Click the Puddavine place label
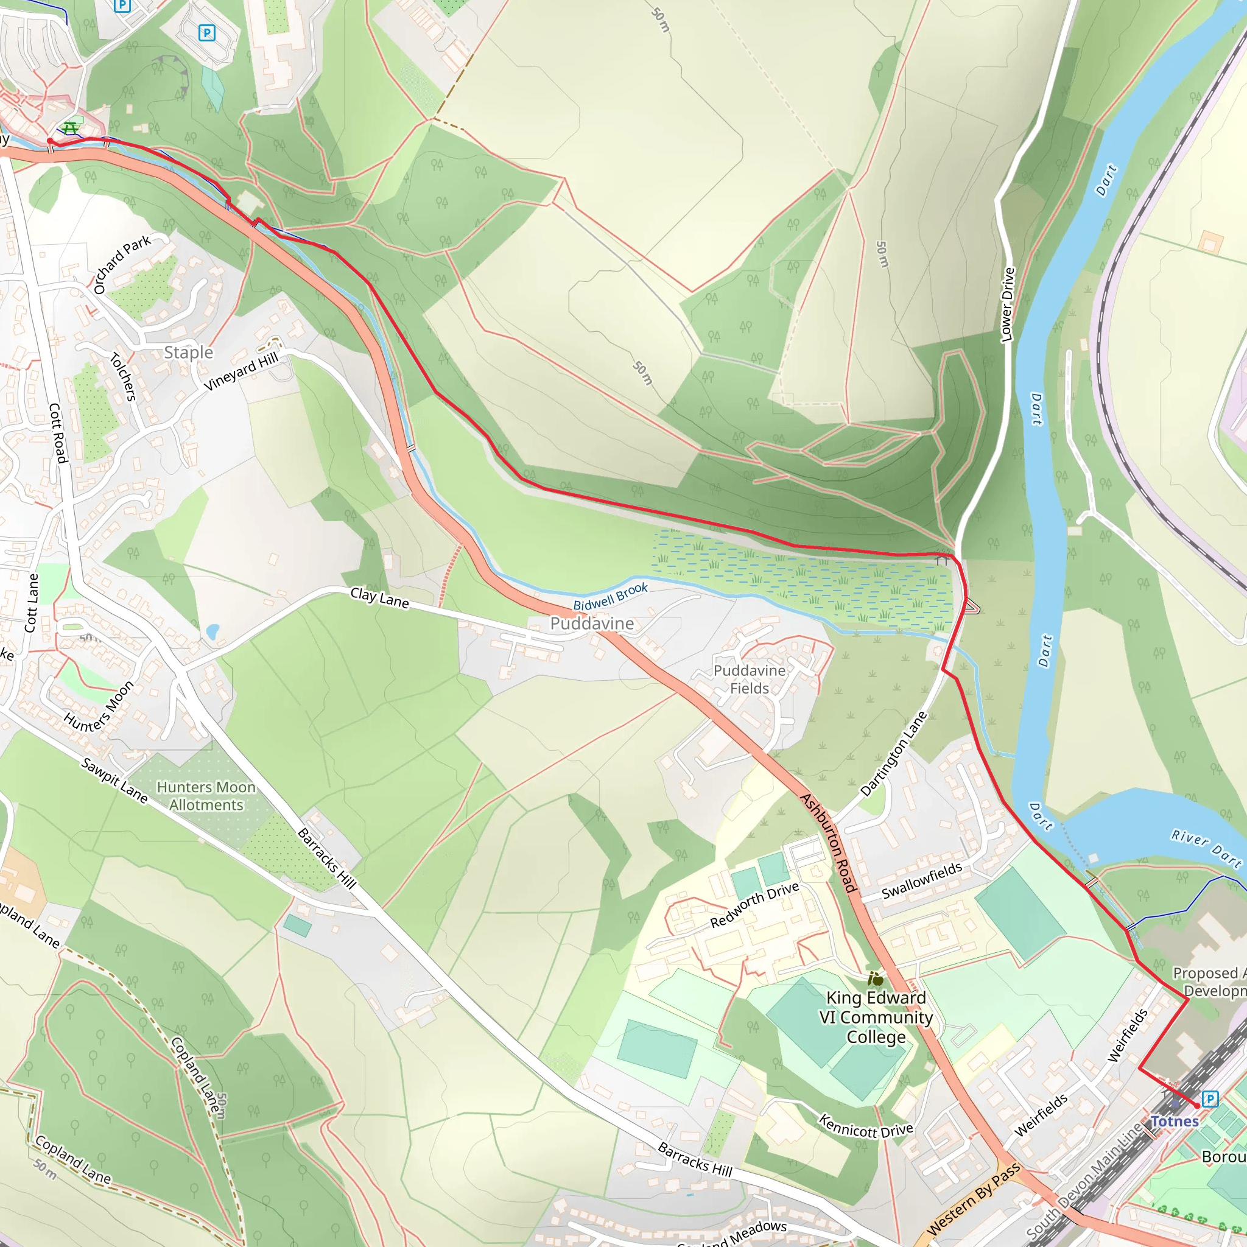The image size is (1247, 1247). (x=591, y=623)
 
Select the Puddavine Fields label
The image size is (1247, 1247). (x=750, y=679)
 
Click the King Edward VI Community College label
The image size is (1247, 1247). (x=876, y=1017)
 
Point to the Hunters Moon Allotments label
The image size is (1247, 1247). (x=206, y=796)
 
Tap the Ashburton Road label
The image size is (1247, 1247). (x=829, y=842)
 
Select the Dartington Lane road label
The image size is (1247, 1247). (x=893, y=753)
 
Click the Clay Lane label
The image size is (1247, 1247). (x=379, y=598)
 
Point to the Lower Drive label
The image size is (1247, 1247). (x=1007, y=304)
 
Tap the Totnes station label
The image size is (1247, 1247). (x=1174, y=1121)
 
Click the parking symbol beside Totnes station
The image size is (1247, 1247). (x=1210, y=1098)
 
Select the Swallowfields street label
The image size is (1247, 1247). (x=922, y=881)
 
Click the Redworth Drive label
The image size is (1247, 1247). (x=754, y=904)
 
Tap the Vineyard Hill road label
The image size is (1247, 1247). (x=241, y=371)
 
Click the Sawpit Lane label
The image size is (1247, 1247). (x=114, y=781)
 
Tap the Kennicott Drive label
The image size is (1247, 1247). (x=866, y=1126)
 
